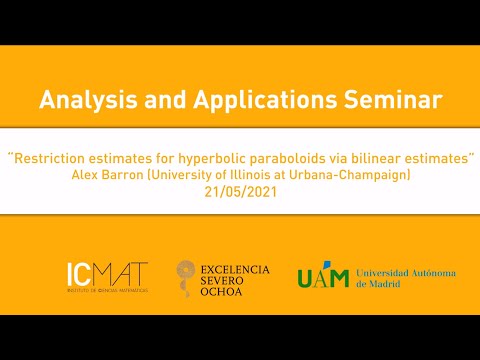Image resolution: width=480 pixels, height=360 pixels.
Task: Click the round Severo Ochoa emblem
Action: tap(188, 275)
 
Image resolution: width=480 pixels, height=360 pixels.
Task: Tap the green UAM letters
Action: tap(323, 277)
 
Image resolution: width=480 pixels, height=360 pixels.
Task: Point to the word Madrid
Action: tap(388, 284)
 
